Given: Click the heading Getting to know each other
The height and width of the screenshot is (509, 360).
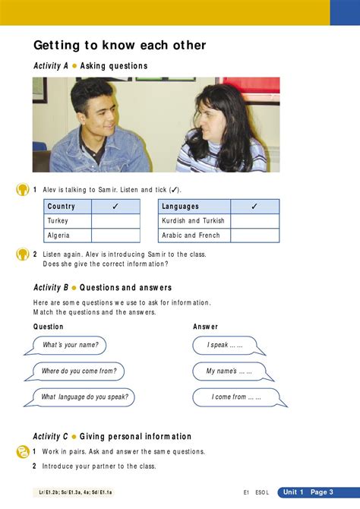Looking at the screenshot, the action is pos(119,46).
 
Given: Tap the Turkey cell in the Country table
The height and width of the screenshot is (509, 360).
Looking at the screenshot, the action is pos(68,221).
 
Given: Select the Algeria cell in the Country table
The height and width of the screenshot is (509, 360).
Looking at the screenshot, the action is pos(68,236).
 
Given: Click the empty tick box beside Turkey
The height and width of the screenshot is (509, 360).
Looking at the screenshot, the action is pos(115,221).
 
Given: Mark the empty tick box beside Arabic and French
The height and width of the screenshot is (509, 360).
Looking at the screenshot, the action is pos(254,236).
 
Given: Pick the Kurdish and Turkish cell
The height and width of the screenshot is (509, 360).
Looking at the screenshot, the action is pos(194,221).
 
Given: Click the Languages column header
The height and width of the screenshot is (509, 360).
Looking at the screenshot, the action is pos(194,207).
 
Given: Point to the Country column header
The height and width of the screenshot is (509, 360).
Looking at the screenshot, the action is pos(68,207).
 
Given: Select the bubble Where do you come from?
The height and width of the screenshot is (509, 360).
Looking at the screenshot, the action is pos(78,371).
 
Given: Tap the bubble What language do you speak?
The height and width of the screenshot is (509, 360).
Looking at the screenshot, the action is pos(84,397).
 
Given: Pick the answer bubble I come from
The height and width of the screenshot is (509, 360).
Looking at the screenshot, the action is pos(236,397).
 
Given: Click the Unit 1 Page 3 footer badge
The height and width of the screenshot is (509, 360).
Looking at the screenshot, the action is pos(308,492).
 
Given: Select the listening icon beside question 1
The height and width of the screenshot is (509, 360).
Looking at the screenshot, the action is pos(23,190).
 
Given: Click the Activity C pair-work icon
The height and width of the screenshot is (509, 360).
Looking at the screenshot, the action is pos(23,452).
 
